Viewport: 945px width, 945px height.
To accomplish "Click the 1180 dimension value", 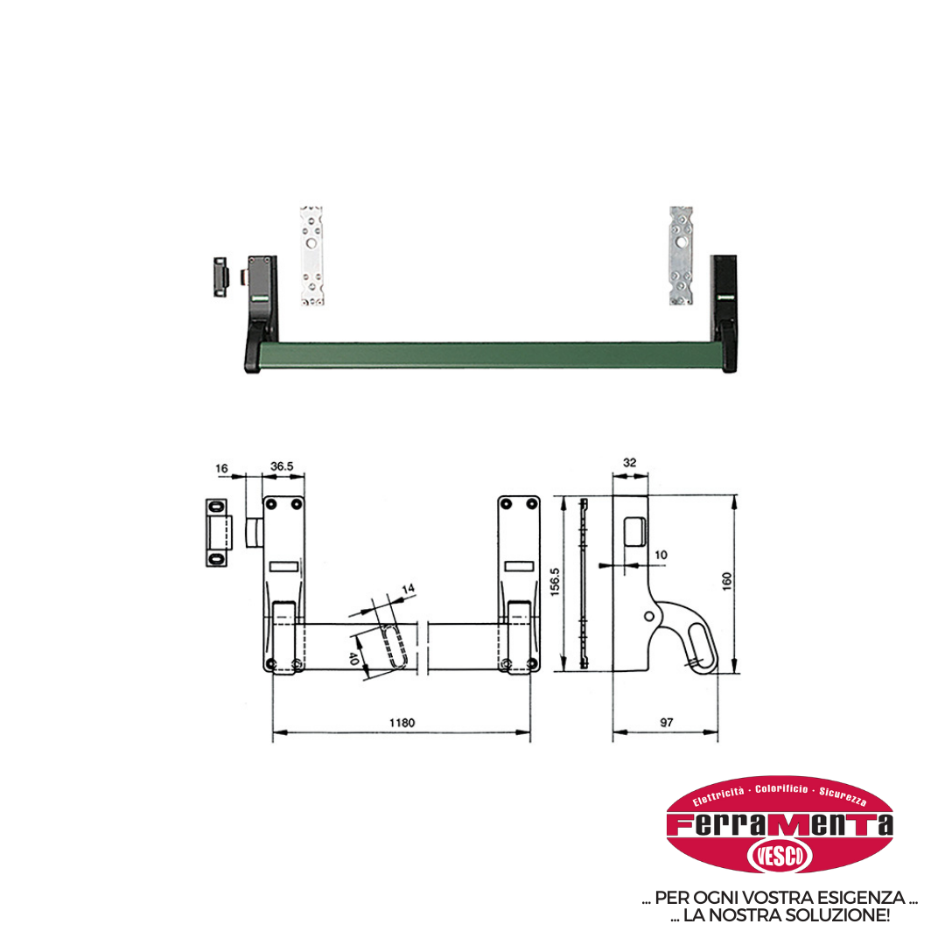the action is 402,723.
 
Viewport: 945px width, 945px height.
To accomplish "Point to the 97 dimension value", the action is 667,722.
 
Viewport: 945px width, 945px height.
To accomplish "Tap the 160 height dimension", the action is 727,581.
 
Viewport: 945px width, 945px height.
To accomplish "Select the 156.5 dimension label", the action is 555,582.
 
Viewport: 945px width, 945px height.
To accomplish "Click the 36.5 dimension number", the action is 282,465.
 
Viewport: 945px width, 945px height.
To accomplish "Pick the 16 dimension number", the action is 221,468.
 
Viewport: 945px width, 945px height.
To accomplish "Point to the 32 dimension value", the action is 630,462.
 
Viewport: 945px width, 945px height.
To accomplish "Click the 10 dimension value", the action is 661,555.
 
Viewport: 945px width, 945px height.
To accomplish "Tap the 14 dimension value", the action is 409,588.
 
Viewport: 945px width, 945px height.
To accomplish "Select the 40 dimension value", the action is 353,659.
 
